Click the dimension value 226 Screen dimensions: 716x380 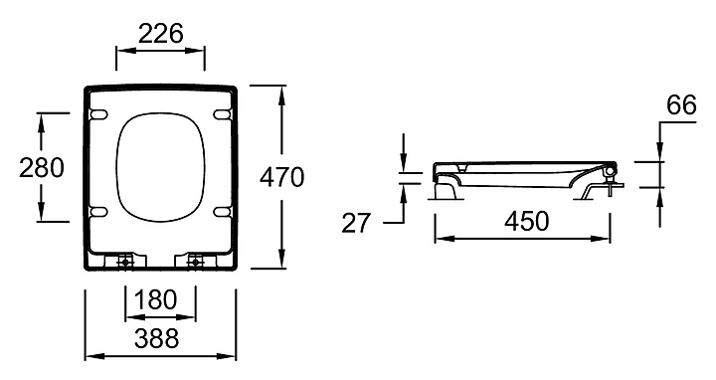click(x=161, y=34)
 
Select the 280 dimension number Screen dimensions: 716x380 click(x=42, y=168)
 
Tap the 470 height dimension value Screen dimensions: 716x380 click(x=281, y=177)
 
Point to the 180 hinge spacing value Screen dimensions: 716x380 click(x=156, y=300)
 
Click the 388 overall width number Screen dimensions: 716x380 click(x=157, y=338)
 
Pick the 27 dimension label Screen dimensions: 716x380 click(x=355, y=224)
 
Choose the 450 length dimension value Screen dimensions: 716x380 click(x=526, y=222)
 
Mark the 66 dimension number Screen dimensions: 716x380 click(x=681, y=105)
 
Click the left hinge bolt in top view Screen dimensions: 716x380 click(x=125, y=263)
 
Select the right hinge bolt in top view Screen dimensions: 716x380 click(x=196, y=263)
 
